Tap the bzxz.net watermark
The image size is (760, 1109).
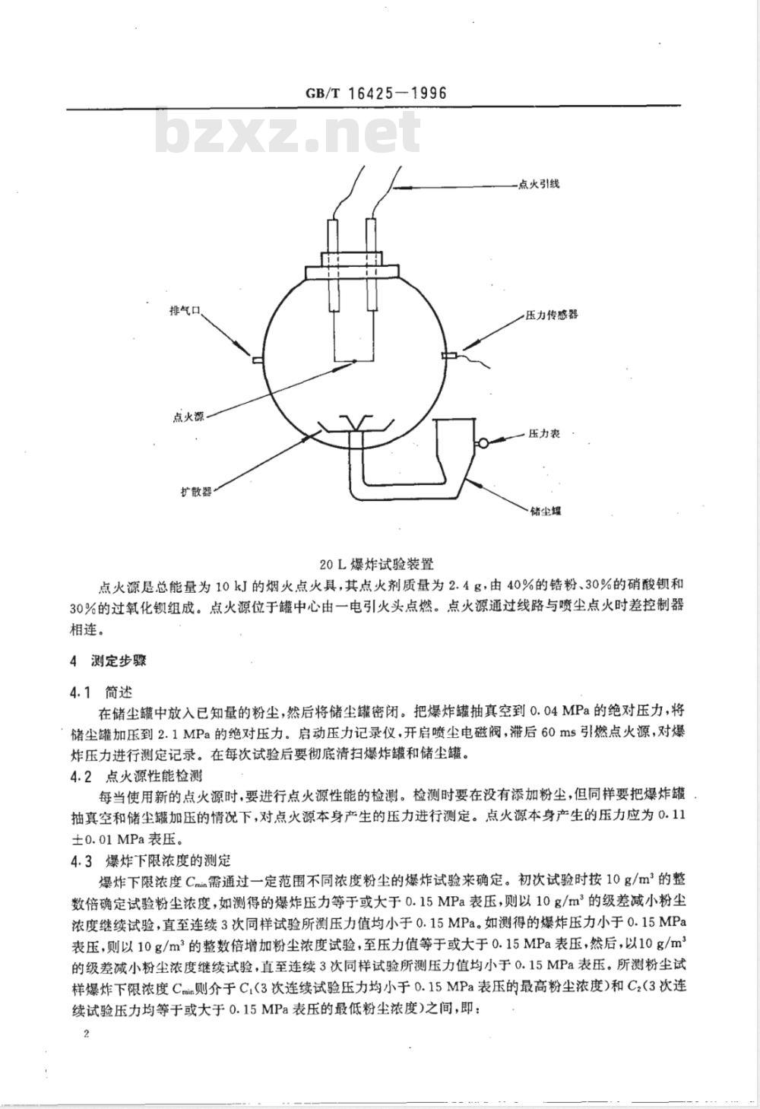(x=289, y=135)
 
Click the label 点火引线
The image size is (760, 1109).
(x=538, y=184)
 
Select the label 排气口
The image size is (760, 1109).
(x=184, y=311)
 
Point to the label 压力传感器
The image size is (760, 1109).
(x=552, y=314)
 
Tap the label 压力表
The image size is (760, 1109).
(x=544, y=433)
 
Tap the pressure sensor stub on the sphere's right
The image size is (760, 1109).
(x=448, y=355)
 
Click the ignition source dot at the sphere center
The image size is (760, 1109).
(x=353, y=363)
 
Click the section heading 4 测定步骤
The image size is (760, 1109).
(x=107, y=661)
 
